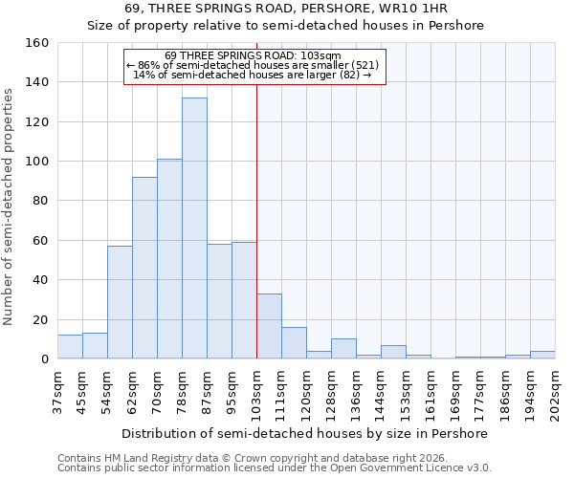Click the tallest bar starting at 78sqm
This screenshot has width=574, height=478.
(x=194, y=228)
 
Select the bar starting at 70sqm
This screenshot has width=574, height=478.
(x=169, y=259)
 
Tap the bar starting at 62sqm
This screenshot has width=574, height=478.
(x=144, y=268)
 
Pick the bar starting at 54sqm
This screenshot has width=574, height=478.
(x=120, y=302)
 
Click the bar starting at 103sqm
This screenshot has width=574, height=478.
(x=269, y=326)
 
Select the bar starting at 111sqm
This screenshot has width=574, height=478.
(x=294, y=343)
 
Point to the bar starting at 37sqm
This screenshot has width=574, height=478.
(x=70, y=347)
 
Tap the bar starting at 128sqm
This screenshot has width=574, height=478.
(x=343, y=349)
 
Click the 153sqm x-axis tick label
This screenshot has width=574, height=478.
(x=406, y=393)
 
